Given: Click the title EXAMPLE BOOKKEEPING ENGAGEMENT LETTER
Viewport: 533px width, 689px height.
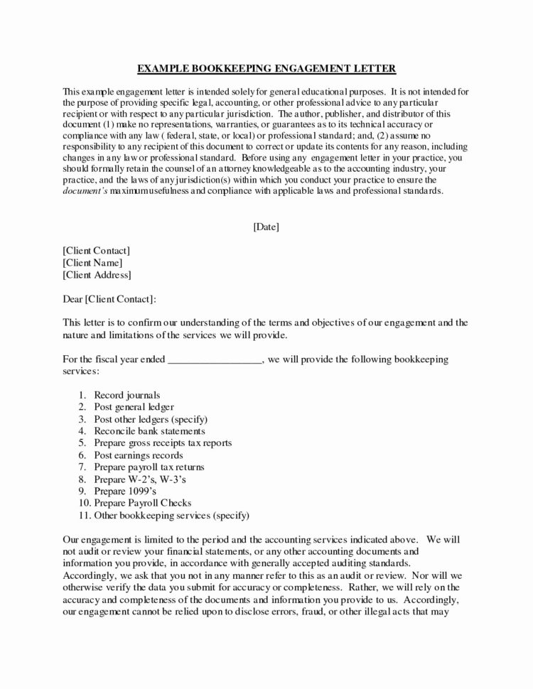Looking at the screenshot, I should (x=266, y=69).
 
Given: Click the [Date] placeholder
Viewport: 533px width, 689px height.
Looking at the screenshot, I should (x=266, y=227).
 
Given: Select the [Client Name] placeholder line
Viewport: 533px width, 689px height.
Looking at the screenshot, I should (x=93, y=263).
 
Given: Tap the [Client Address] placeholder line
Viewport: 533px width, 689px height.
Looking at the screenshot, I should (x=97, y=275).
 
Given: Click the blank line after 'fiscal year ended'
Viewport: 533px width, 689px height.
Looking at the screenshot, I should (x=215, y=359).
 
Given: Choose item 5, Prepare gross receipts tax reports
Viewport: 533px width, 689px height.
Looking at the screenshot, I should (x=163, y=443).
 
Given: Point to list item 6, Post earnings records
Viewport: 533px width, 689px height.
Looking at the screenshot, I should (x=138, y=455).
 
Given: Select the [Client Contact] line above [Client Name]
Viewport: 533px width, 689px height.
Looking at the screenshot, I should (x=97, y=251).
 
